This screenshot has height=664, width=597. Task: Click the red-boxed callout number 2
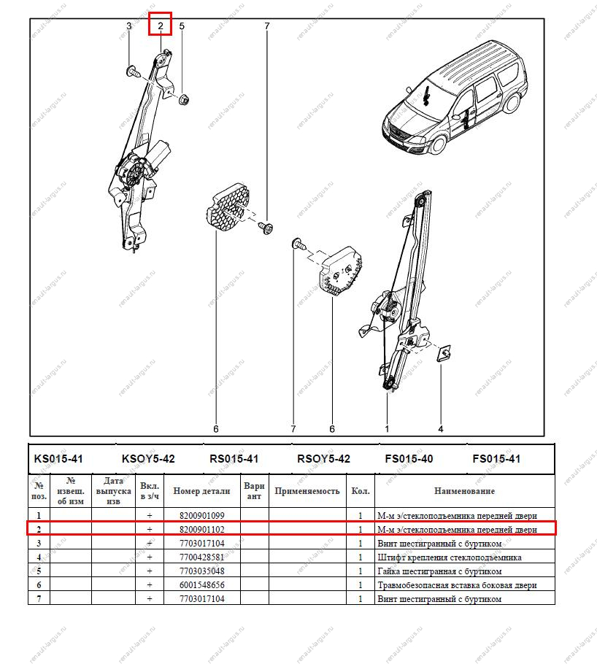click(160, 26)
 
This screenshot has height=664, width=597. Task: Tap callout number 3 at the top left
click(129, 26)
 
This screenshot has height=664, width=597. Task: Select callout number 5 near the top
click(182, 26)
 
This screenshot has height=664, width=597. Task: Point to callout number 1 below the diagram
click(387, 428)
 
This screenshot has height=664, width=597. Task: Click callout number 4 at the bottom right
click(441, 428)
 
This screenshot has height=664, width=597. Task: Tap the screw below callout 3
click(133, 72)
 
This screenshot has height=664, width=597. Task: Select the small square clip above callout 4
click(442, 353)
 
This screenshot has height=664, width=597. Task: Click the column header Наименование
click(464, 491)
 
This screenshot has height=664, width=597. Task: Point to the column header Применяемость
click(307, 491)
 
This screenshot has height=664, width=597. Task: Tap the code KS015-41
click(59, 459)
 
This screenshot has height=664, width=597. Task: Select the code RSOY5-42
click(323, 459)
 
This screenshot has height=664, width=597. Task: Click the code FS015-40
click(409, 459)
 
